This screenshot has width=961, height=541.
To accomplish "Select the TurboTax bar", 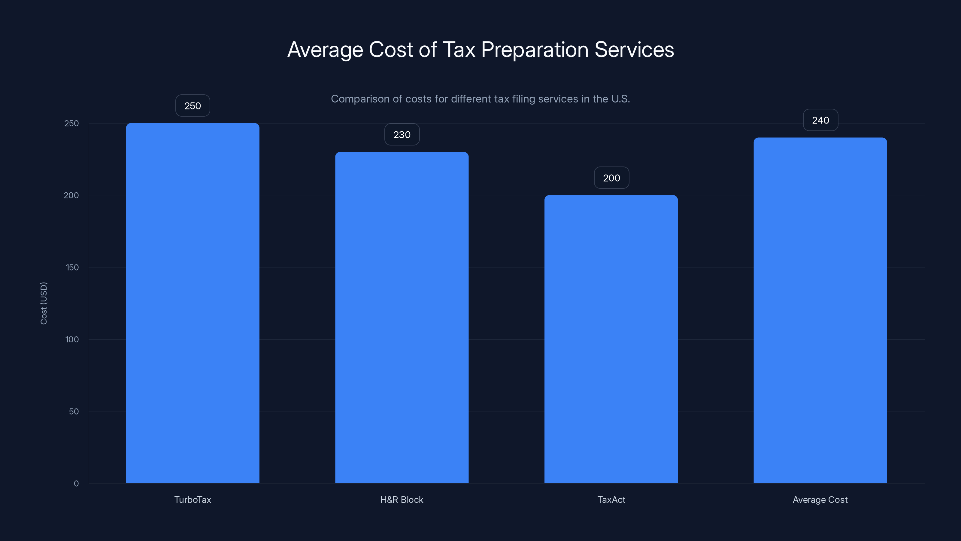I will click(x=193, y=303).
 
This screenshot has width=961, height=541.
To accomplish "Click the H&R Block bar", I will click(x=402, y=317).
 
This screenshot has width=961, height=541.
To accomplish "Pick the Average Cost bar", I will click(x=820, y=310).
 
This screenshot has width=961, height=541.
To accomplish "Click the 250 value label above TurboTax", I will click(x=193, y=106).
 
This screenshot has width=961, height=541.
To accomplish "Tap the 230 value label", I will click(x=402, y=134).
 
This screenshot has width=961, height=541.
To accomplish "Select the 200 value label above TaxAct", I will click(x=611, y=178).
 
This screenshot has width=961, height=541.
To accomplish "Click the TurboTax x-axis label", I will click(x=193, y=500).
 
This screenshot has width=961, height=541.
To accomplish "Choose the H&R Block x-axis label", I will click(x=402, y=500).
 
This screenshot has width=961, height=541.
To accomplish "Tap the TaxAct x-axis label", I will click(x=611, y=500).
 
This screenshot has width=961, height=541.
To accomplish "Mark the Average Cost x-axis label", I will click(x=820, y=500).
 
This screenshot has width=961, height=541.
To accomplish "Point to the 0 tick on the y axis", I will click(x=76, y=484).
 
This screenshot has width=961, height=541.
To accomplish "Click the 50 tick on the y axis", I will click(x=74, y=411).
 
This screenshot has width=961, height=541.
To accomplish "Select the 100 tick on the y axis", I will click(x=72, y=339).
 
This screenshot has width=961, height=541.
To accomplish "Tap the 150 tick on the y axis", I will click(x=72, y=267).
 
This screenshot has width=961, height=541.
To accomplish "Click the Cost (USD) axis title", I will click(x=44, y=303).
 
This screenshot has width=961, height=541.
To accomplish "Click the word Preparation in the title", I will click(x=535, y=50).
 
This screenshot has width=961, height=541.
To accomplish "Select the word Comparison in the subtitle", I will click(x=360, y=99).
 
